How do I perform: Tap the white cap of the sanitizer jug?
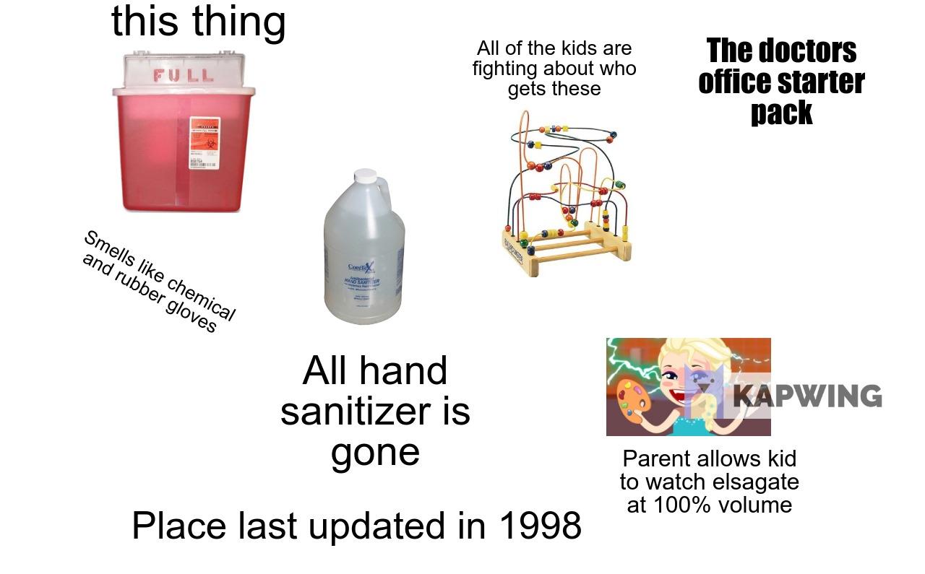[366, 176]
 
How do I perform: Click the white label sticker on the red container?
[204, 142]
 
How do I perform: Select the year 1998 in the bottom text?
[540, 526]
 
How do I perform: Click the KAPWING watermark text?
[808, 396]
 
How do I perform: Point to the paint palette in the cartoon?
[631, 399]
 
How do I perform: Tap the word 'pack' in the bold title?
[781, 113]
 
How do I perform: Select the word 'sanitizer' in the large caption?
[375, 412]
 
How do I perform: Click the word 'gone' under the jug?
[375, 453]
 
